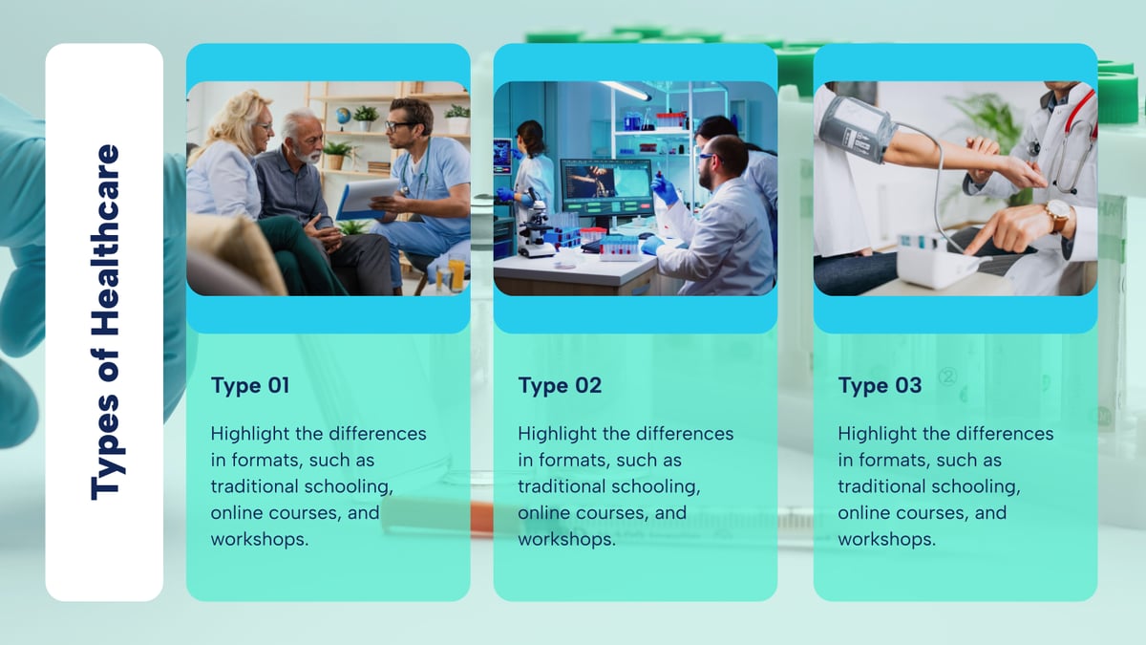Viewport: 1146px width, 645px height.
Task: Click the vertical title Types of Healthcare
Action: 105,322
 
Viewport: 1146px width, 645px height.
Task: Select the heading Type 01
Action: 250,386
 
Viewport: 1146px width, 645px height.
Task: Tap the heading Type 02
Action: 560,386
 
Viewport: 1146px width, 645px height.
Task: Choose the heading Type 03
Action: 880,386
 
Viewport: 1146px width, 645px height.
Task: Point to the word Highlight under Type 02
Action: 559,434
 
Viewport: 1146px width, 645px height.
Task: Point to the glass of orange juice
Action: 456,273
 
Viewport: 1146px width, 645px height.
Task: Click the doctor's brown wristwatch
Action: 1056,216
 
